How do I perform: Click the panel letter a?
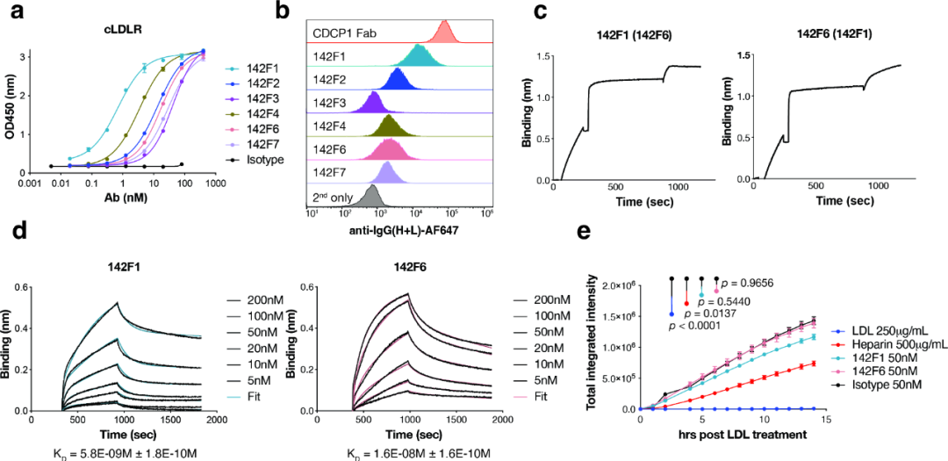coord(15,11)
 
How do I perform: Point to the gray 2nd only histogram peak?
coord(372,195)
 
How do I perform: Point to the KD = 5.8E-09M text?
coord(128,452)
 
